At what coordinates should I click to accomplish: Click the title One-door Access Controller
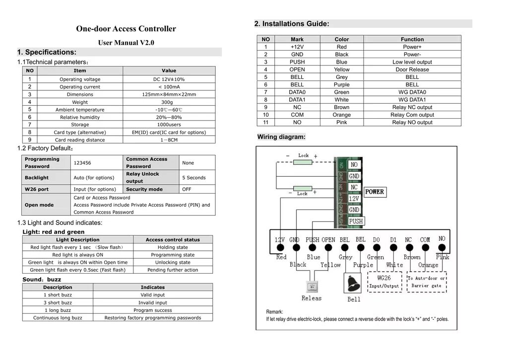126,29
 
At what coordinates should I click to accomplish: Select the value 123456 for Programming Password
82,163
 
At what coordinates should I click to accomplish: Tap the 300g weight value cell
169,102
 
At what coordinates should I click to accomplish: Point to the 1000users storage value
169,125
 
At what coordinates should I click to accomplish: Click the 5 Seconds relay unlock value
194,178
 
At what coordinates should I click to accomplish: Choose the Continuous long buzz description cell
58,318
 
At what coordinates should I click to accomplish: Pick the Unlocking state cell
173,263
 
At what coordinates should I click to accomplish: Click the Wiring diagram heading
281,137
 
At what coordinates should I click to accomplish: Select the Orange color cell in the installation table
341,115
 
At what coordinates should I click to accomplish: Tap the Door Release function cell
412,70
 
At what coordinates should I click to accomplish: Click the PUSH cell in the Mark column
297,62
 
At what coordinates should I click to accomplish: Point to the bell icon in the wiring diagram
354,284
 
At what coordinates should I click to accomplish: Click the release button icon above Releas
312,287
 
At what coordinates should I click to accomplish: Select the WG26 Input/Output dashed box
384,282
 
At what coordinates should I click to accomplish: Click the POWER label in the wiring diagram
375,192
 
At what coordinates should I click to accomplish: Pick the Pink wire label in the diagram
443,257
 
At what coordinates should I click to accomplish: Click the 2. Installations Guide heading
291,24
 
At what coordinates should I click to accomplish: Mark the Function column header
412,39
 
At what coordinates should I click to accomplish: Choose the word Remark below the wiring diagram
274,312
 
